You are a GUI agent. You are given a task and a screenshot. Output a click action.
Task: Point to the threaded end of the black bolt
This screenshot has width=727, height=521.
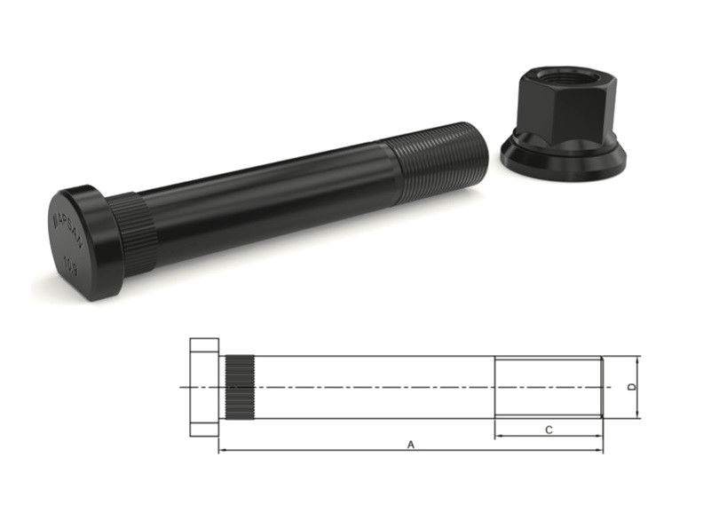[x=439, y=157]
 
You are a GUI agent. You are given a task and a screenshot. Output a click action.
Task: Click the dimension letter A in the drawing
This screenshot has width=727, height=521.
[x=410, y=445]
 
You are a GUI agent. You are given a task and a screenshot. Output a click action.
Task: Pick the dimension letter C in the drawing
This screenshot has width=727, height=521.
[x=549, y=430]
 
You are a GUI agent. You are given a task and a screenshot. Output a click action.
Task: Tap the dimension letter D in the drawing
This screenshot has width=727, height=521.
[x=630, y=387]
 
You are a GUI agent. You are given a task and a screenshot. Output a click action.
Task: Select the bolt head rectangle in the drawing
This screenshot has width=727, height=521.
[x=204, y=387]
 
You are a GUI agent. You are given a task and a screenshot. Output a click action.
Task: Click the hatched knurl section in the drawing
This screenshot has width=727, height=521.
[x=237, y=387]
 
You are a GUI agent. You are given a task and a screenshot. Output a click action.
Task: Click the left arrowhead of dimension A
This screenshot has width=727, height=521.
[x=222, y=451]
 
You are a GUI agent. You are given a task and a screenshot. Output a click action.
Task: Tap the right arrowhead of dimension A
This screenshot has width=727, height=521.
[x=599, y=451]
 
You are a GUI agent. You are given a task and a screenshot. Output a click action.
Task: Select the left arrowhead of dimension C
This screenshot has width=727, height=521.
[x=499, y=436]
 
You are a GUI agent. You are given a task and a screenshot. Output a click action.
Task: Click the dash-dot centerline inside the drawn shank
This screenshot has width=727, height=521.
[x=373, y=387]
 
